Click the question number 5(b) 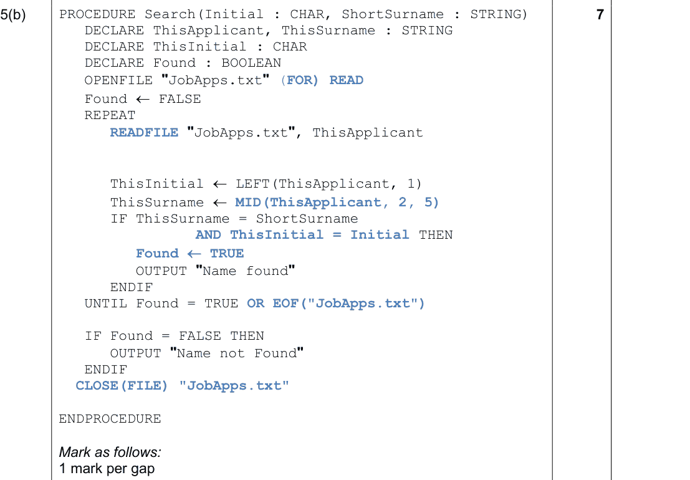(13, 15)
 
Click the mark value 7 (600, 14)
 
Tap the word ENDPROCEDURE (110, 419)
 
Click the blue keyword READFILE (145, 132)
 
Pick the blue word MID (248, 203)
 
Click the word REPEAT (110, 115)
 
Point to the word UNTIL (106, 304)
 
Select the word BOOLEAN (251, 63)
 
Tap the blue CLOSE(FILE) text (122, 386)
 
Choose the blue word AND (209, 235)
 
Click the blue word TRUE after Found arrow (227, 254)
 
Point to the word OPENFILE (118, 80)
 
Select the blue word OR (256, 304)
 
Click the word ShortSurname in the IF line (307, 219)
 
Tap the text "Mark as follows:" (110, 453)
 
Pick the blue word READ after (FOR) (347, 80)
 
